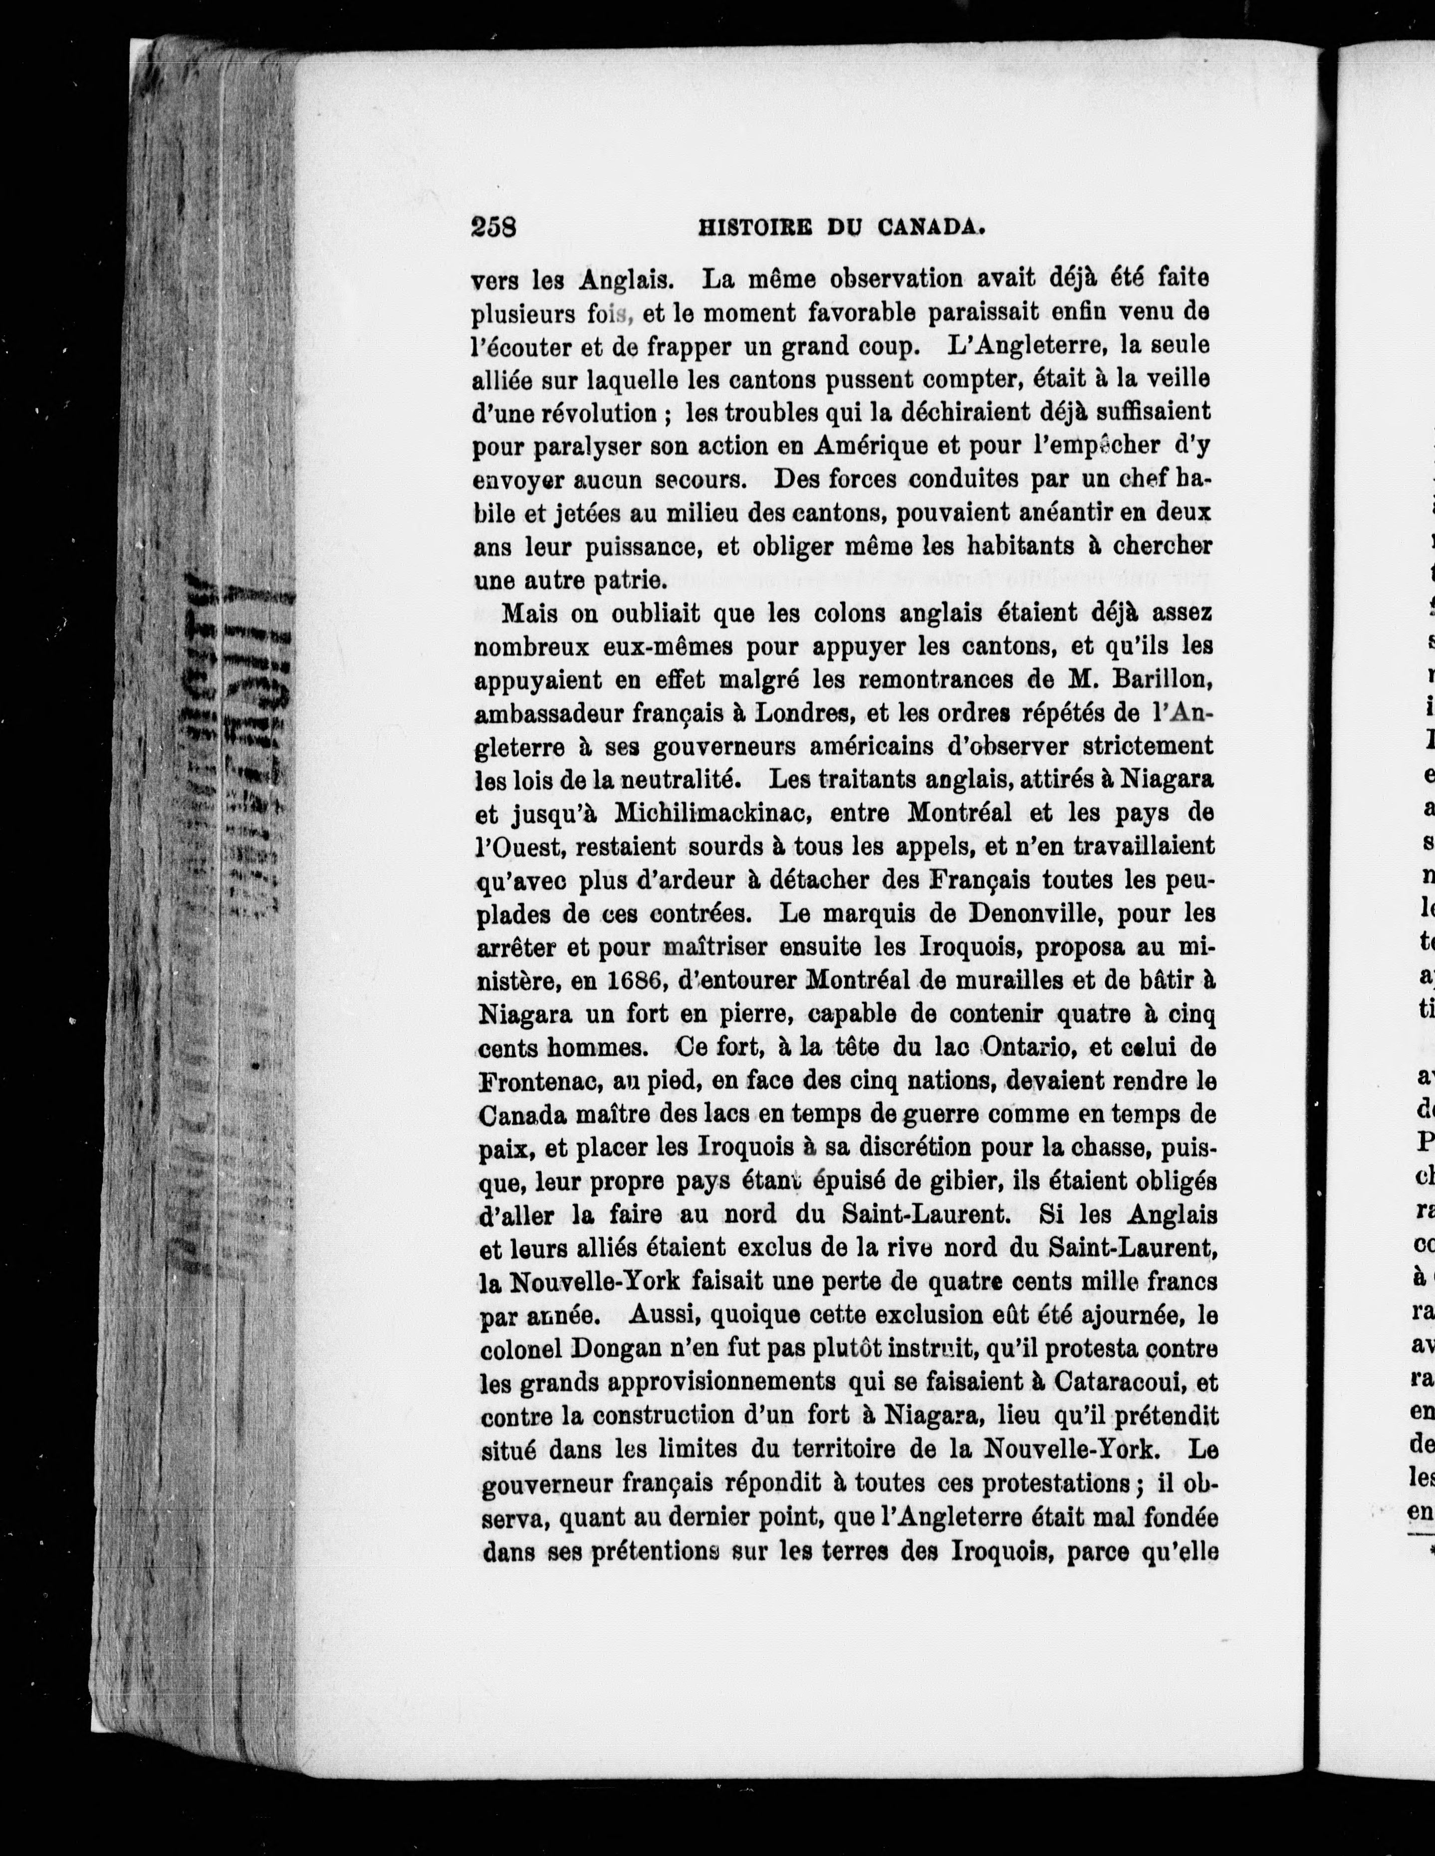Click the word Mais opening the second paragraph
coord(530,613)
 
